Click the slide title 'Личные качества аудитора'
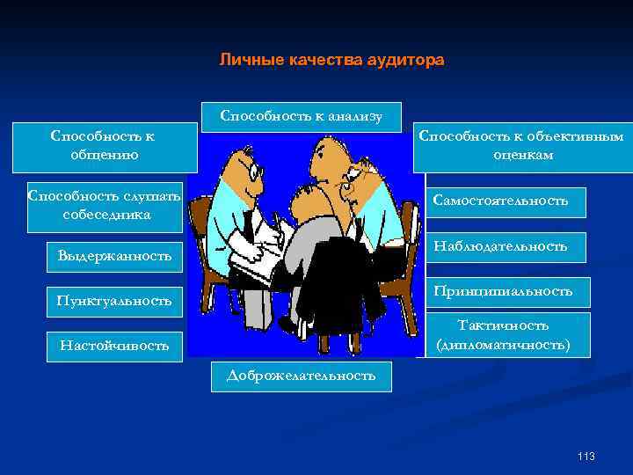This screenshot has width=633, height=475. click(x=331, y=61)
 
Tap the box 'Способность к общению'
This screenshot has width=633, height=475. click(x=102, y=146)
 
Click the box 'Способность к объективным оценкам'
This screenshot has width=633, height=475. click(x=520, y=146)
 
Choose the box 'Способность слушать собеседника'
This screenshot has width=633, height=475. click(x=105, y=206)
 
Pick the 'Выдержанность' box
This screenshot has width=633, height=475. click(x=114, y=256)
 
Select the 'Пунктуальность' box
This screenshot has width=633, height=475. click(x=114, y=301)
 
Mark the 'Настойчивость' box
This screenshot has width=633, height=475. click(x=114, y=345)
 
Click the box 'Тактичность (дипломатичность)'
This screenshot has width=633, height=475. click(x=503, y=336)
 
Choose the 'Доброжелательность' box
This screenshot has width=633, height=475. click(x=301, y=376)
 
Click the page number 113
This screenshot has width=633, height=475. click(x=586, y=456)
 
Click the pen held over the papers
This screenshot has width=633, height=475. click(x=276, y=219)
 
